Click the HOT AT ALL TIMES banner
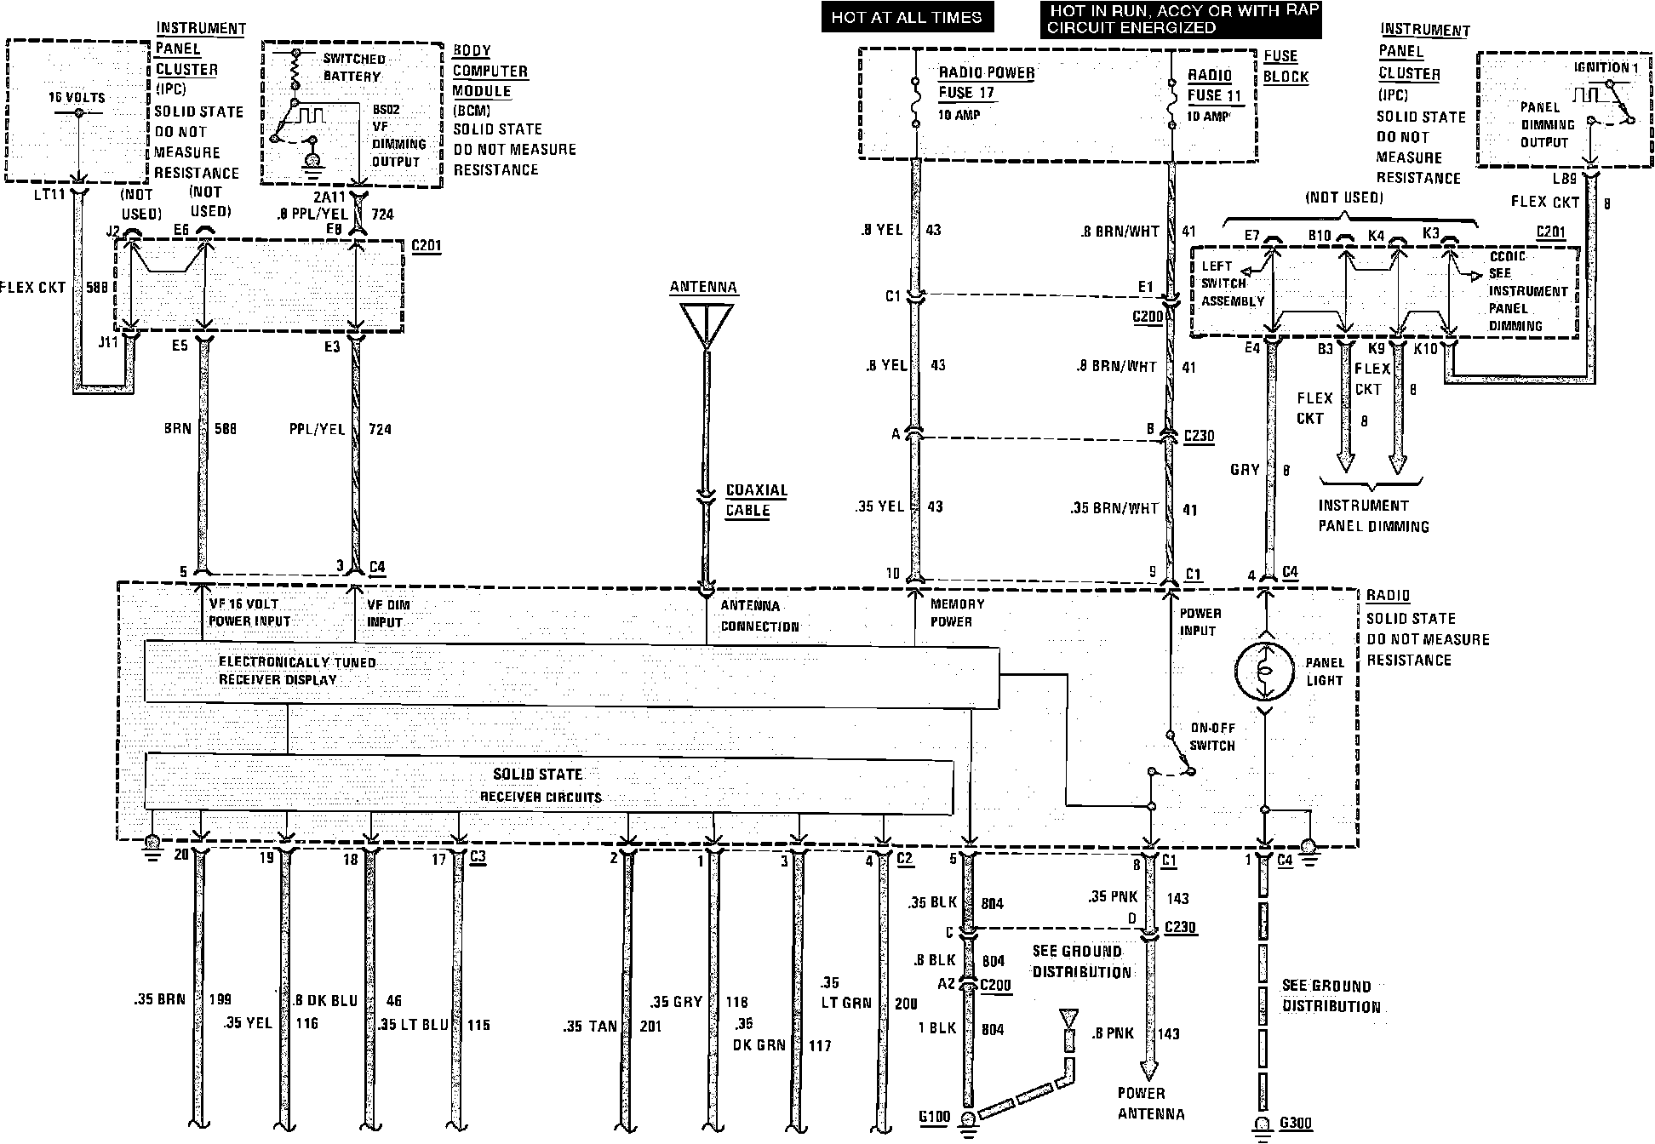(906, 17)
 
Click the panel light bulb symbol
(1265, 671)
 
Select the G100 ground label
(933, 1117)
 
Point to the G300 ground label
(1295, 1124)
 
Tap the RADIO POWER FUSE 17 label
(986, 83)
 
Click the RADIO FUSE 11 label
(1215, 85)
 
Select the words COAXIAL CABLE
(756, 500)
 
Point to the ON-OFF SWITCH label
(1212, 737)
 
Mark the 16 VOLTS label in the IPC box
(77, 98)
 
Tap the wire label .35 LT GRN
(846, 992)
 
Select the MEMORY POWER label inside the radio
(957, 613)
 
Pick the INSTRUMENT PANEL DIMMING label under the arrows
(1373, 516)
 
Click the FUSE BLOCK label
(1285, 66)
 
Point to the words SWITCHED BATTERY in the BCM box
(353, 67)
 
